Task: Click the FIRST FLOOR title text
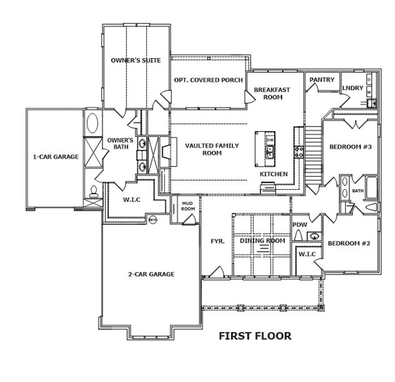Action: (x=255, y=336)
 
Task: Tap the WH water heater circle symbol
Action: (x=152, y=220)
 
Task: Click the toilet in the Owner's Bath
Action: (x=93, y=192)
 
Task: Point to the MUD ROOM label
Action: (x=188, y=206)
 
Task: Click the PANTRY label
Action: (x=322, y=80)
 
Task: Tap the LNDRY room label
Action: (x=352, y=88)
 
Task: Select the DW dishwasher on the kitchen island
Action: (x=270, y=140)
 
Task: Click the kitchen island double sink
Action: (x=270, y=152)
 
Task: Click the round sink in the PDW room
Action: (x=314, y=237)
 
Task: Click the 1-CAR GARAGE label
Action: (x=56, y=157)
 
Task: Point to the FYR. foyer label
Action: (x=218, y=242)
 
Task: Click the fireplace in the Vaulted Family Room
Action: (x=166, y=152)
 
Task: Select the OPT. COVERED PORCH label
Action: (x=209, y=80)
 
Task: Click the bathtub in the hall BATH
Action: (x=372, y=187)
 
